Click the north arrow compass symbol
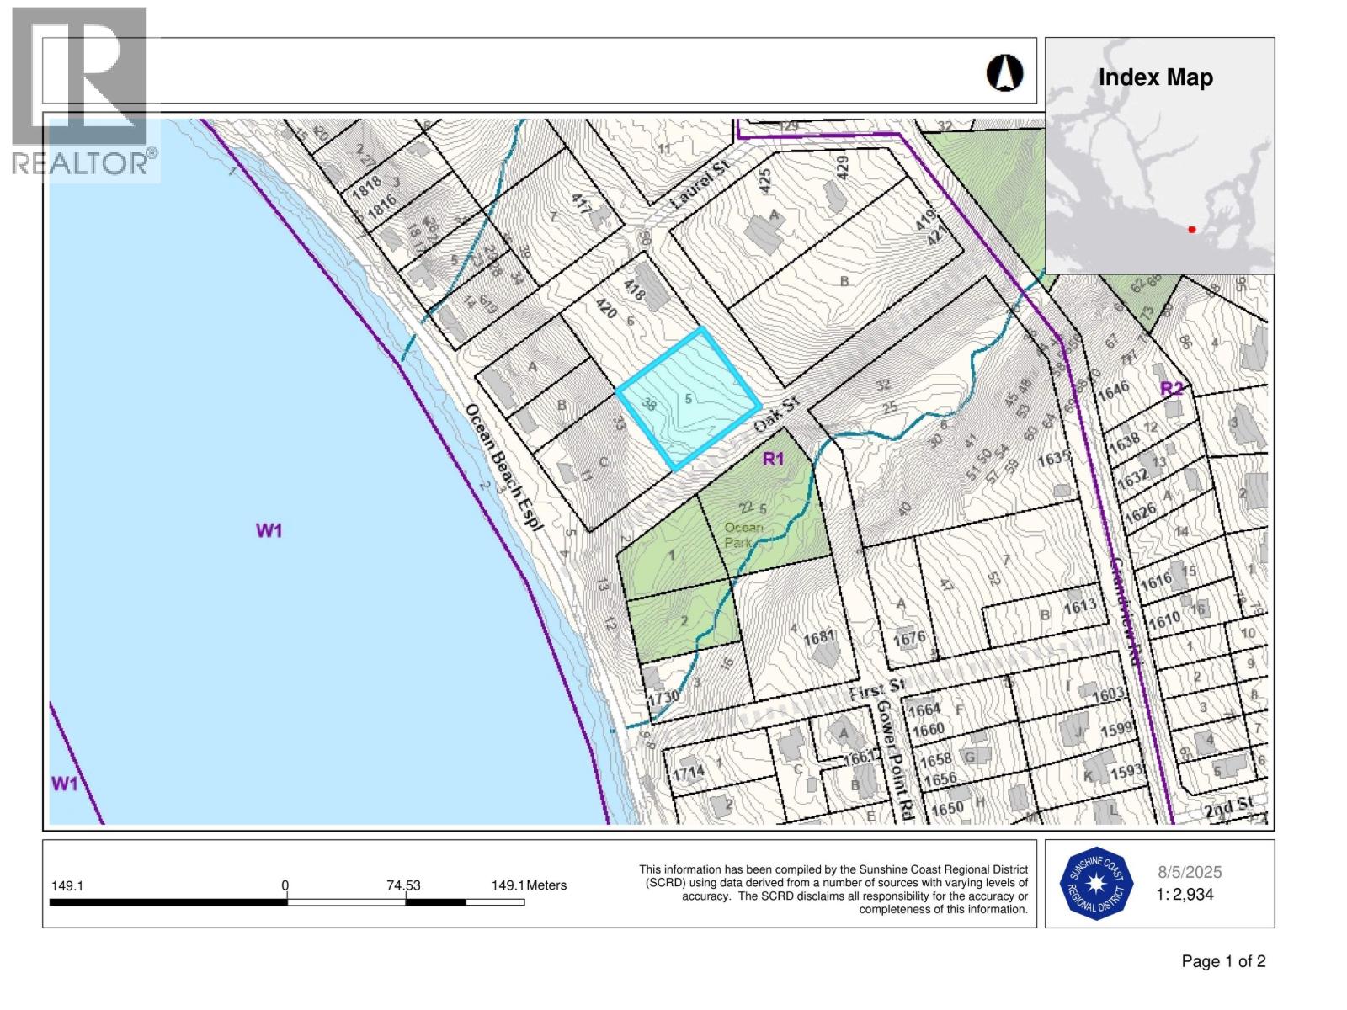[x=1004, y=73]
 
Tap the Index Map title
[x=1155, y=78]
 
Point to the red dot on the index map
[x=1191, y=229]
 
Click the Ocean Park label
[x=743, y=534]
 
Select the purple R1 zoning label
[x=773, y=459]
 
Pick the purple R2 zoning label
[x=1171, y=388]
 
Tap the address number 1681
[x=818, y=638]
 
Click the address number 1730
[x=663, y=698]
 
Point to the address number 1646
[x=1113, y=391]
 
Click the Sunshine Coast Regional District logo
[x=1094, y=884]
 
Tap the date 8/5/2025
[x=1190, y=873]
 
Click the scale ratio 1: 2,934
[x=1185, y=895]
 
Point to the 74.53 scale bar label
[x=403, y=885]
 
